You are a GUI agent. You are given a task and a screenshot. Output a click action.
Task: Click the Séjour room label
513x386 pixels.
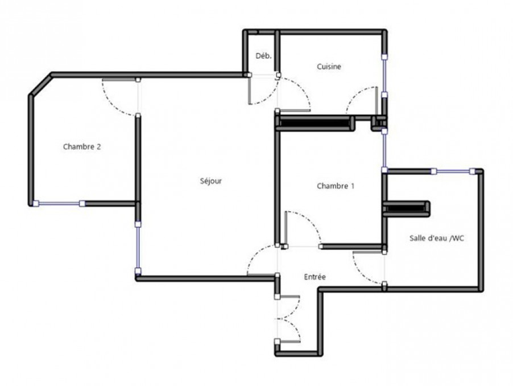pos(210,180)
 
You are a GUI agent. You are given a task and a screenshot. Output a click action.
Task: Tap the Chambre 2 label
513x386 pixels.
pos(82,146)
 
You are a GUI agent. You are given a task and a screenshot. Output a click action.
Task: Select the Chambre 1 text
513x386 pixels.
pos(336,186)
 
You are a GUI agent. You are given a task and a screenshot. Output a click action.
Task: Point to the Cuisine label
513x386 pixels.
pos(329,67)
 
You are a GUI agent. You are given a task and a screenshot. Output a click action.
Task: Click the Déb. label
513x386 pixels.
pos(263,56)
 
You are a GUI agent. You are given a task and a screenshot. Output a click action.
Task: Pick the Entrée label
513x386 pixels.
pos(315,277)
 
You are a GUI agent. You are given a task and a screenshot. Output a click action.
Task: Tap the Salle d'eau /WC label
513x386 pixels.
pos(437,238)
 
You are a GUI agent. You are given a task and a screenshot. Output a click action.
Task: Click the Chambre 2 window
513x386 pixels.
pos(59,204)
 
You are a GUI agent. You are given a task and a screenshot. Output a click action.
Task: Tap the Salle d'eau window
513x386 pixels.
pos(453,171)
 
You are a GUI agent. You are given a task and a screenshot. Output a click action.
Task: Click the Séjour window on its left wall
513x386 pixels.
pos(138,248)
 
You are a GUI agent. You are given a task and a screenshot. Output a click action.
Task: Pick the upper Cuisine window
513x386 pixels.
pos(384,76)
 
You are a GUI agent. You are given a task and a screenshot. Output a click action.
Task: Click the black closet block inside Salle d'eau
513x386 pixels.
pos(406,209)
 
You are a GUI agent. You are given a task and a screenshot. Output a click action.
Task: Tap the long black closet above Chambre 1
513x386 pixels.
pos(315,123)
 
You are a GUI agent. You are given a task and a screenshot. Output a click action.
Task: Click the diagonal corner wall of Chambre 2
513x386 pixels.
pos(41,85)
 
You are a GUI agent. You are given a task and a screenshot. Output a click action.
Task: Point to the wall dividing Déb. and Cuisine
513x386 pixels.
pos(277,53)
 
